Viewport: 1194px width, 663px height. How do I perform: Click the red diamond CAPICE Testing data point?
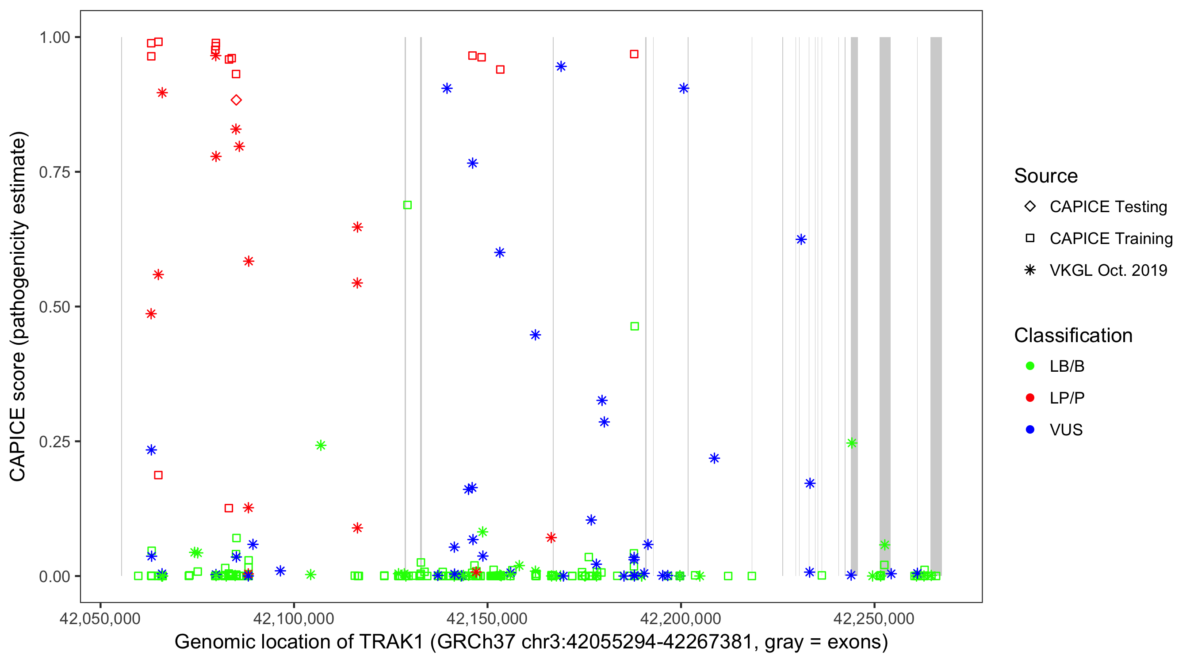click(x=236, y=100)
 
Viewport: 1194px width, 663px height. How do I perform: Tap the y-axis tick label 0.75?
click(x=54, y=172)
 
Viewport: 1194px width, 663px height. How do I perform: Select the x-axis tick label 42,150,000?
click(x=487, y=618)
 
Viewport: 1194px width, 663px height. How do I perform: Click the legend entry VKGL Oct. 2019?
click(x=1108, y=271)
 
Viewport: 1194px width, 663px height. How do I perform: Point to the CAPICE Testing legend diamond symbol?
click(x=1030, y=207)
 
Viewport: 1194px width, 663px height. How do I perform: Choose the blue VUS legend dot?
click(x=1030, y=430)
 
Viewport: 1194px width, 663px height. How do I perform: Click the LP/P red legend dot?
click(x=1030, y=398)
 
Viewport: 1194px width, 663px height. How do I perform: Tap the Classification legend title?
click(x=1072, y=335)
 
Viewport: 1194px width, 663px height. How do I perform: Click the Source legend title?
click(x=1046, y=176)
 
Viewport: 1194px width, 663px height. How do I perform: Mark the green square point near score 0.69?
click(x=407, y=205)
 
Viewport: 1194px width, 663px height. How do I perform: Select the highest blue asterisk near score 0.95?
click(x=561, y=67)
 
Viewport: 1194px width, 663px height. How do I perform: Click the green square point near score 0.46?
click(x=635, y=327)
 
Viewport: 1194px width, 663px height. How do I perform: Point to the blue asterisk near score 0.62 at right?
click(x=801, y=240)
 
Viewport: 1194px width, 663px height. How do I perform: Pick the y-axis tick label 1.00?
click(x=54, y=38)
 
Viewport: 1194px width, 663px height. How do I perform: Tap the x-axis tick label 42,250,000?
click(x=874, y=618)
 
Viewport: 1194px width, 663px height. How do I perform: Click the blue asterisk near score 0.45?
click(x=536, y=335)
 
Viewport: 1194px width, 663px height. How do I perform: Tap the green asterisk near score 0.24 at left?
click(x=320, y=446)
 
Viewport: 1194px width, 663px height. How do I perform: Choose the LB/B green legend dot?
click(x=1030, y=366)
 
